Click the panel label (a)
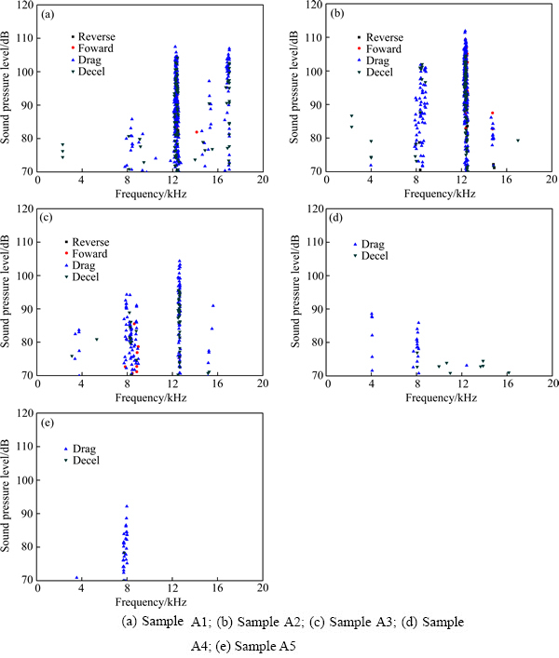click(x=48, y=13)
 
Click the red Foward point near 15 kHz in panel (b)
click(x=493, y=114)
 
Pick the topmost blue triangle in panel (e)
click(x=127, y=506)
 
